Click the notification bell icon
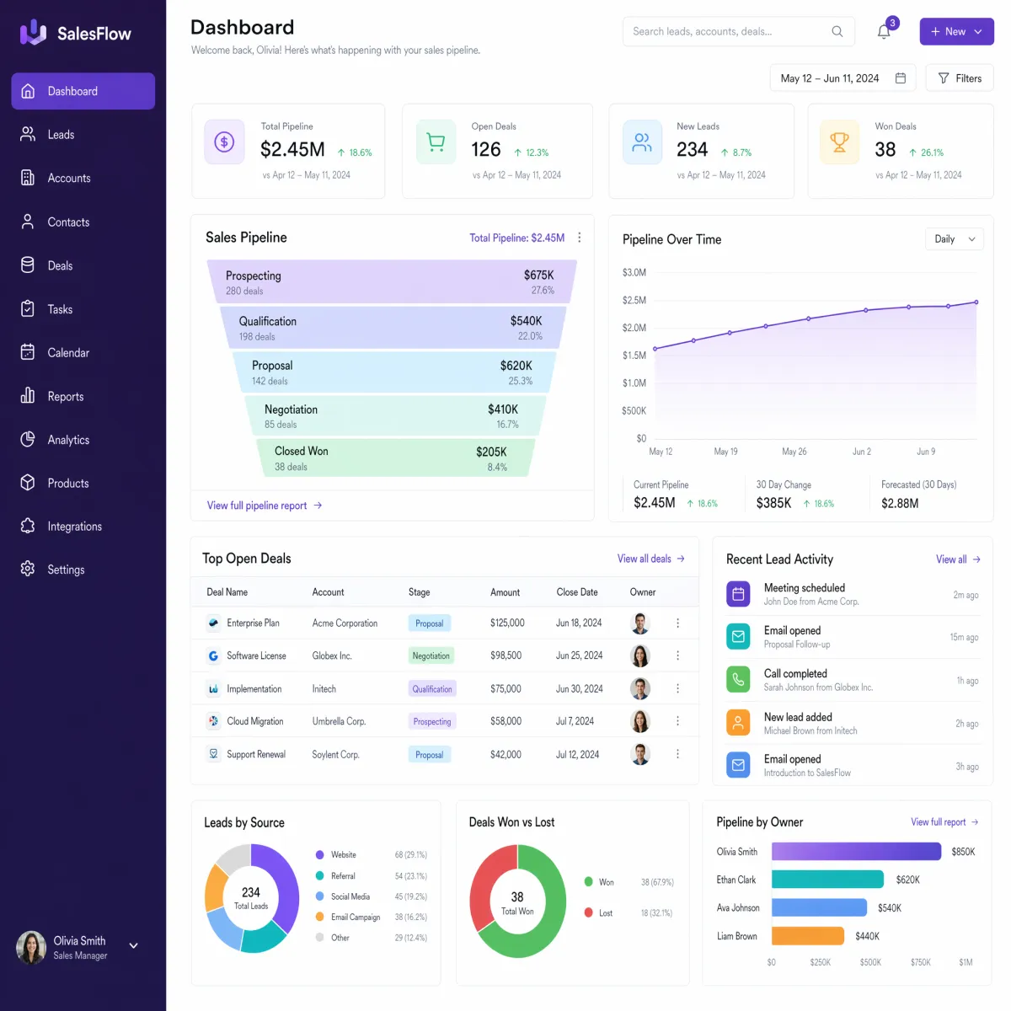click(x=883, y=31)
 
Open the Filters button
click(x=959, y=78)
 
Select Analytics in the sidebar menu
click(x=68, y=440)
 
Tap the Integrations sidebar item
click(x=74, y=527)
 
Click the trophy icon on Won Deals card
click(x=839, y=142)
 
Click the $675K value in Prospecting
click(x=538, y=275)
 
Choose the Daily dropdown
click(x=954, y=239)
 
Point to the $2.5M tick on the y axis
click(x=634, y=300)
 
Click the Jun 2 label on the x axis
click(x=861, y=452)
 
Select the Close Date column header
click(x=576, y=591)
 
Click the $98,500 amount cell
click(x=505, y=655)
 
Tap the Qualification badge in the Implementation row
click(x=432, y=689)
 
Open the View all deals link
click(x=650, y=559)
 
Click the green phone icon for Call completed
click(x=738, y=679)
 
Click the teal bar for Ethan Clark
click(x=826, y=880)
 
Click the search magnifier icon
click(x=837, y=31)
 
